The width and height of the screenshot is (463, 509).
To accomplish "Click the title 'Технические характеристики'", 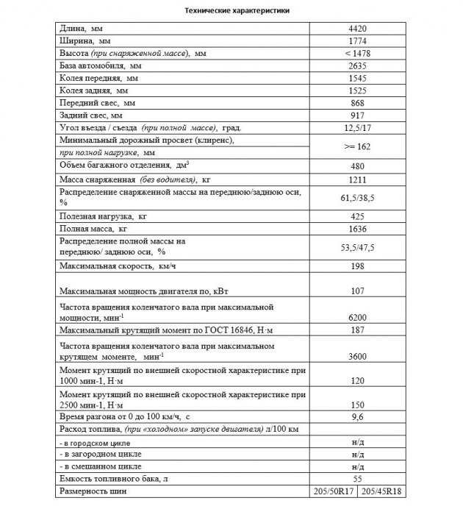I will coord(232,12).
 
